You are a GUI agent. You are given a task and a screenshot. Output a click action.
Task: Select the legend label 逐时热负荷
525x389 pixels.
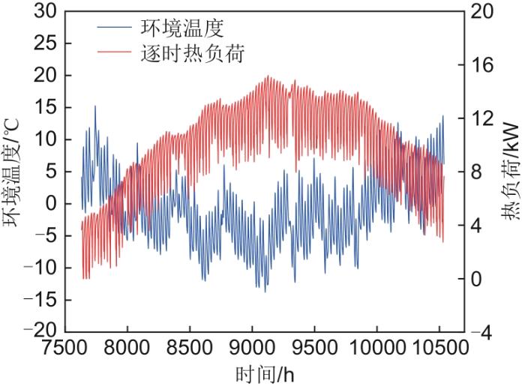[x=193, y=54]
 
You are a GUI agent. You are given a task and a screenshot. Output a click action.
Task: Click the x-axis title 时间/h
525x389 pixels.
[x=259, y=374]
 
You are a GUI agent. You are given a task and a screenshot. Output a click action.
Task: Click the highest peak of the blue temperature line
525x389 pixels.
[x=95, y=106]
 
